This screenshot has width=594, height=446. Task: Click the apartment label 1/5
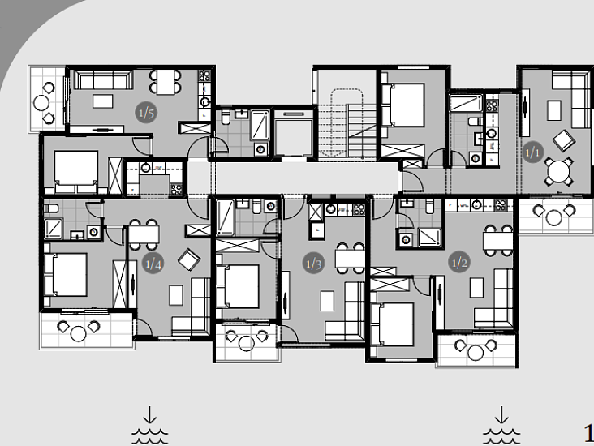coord(146,113)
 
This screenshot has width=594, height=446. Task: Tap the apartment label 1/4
coord(153,263)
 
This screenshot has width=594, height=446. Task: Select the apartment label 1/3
coord(314,263)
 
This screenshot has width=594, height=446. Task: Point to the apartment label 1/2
coord(459,262)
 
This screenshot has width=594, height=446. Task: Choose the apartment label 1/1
coord(532,152)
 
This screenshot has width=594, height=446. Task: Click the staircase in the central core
coord(347,123)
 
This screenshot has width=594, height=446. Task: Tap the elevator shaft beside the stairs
coord(294,133)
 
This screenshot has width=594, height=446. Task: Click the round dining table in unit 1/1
coord(559,172)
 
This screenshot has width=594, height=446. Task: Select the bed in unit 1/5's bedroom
coord(75,172)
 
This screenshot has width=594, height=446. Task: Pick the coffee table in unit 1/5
coord(103,101)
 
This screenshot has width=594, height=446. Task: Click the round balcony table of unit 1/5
coord(41,103)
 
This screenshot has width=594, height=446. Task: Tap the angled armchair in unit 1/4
coord(189,259)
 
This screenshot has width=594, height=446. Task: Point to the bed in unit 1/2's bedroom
coord(392,324)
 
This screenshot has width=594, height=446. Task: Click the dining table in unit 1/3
coord(350,259)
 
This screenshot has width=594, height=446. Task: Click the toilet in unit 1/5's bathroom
coord(226,118)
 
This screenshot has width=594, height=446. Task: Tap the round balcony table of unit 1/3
coord(246,343)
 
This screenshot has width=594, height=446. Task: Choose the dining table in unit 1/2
coord(497,240)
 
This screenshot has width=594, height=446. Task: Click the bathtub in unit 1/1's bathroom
coord(466,103)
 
